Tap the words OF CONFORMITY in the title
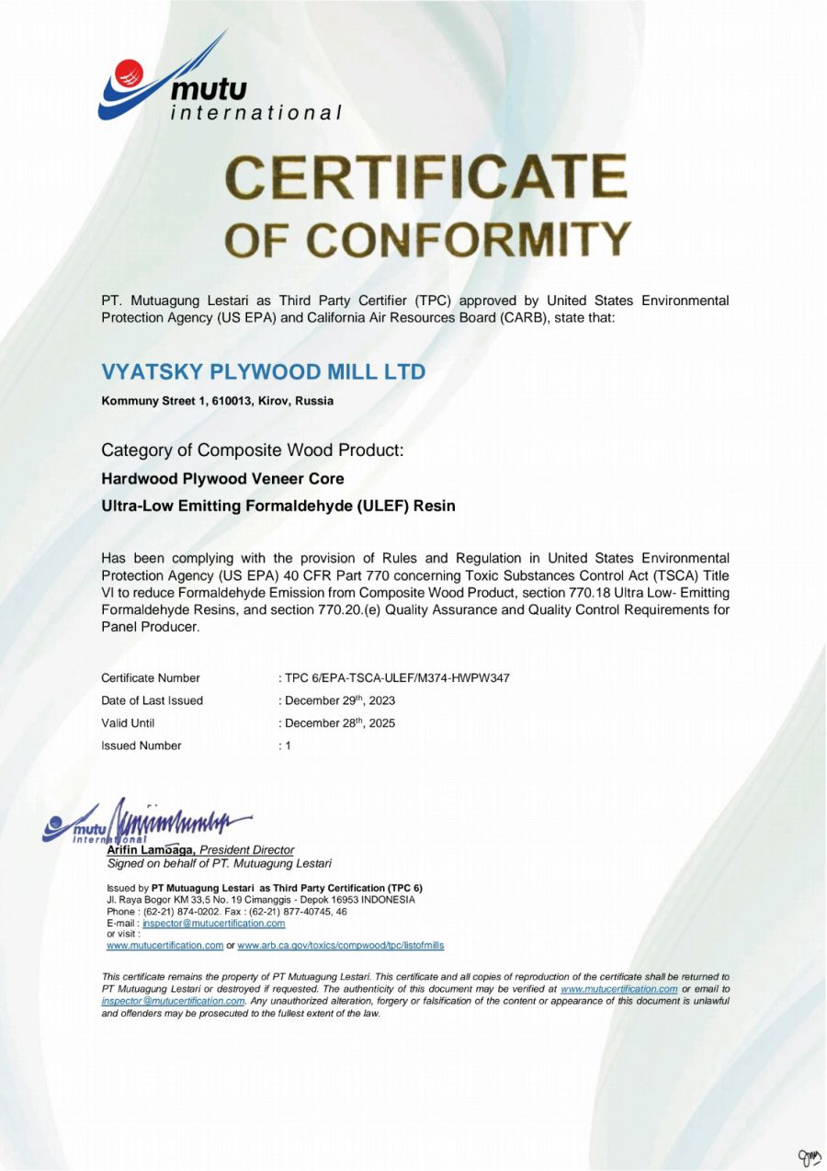pyautogui.click(x=428, y=239)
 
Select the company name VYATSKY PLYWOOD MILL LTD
pyautogui.click(x=264, y=372)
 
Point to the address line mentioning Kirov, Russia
pyautogui.click(x=217, y=401)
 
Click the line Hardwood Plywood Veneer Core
pyautogui.click(x=222, y=479)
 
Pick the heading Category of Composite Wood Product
pyautogui.click(x=252, y=450)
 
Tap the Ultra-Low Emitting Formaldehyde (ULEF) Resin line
pyautogui.click(x=278, y=506)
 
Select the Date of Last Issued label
pyautogui.click(x=152, y=700)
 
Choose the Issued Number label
pyautogui.click(x=141, y=745)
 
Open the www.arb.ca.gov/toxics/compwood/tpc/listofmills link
pyautogui.click(x=340, y=945)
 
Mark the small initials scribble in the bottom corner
pyautogui.click(x=809, y=1156)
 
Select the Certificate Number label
pyautogui.click(x=150, y=678)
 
